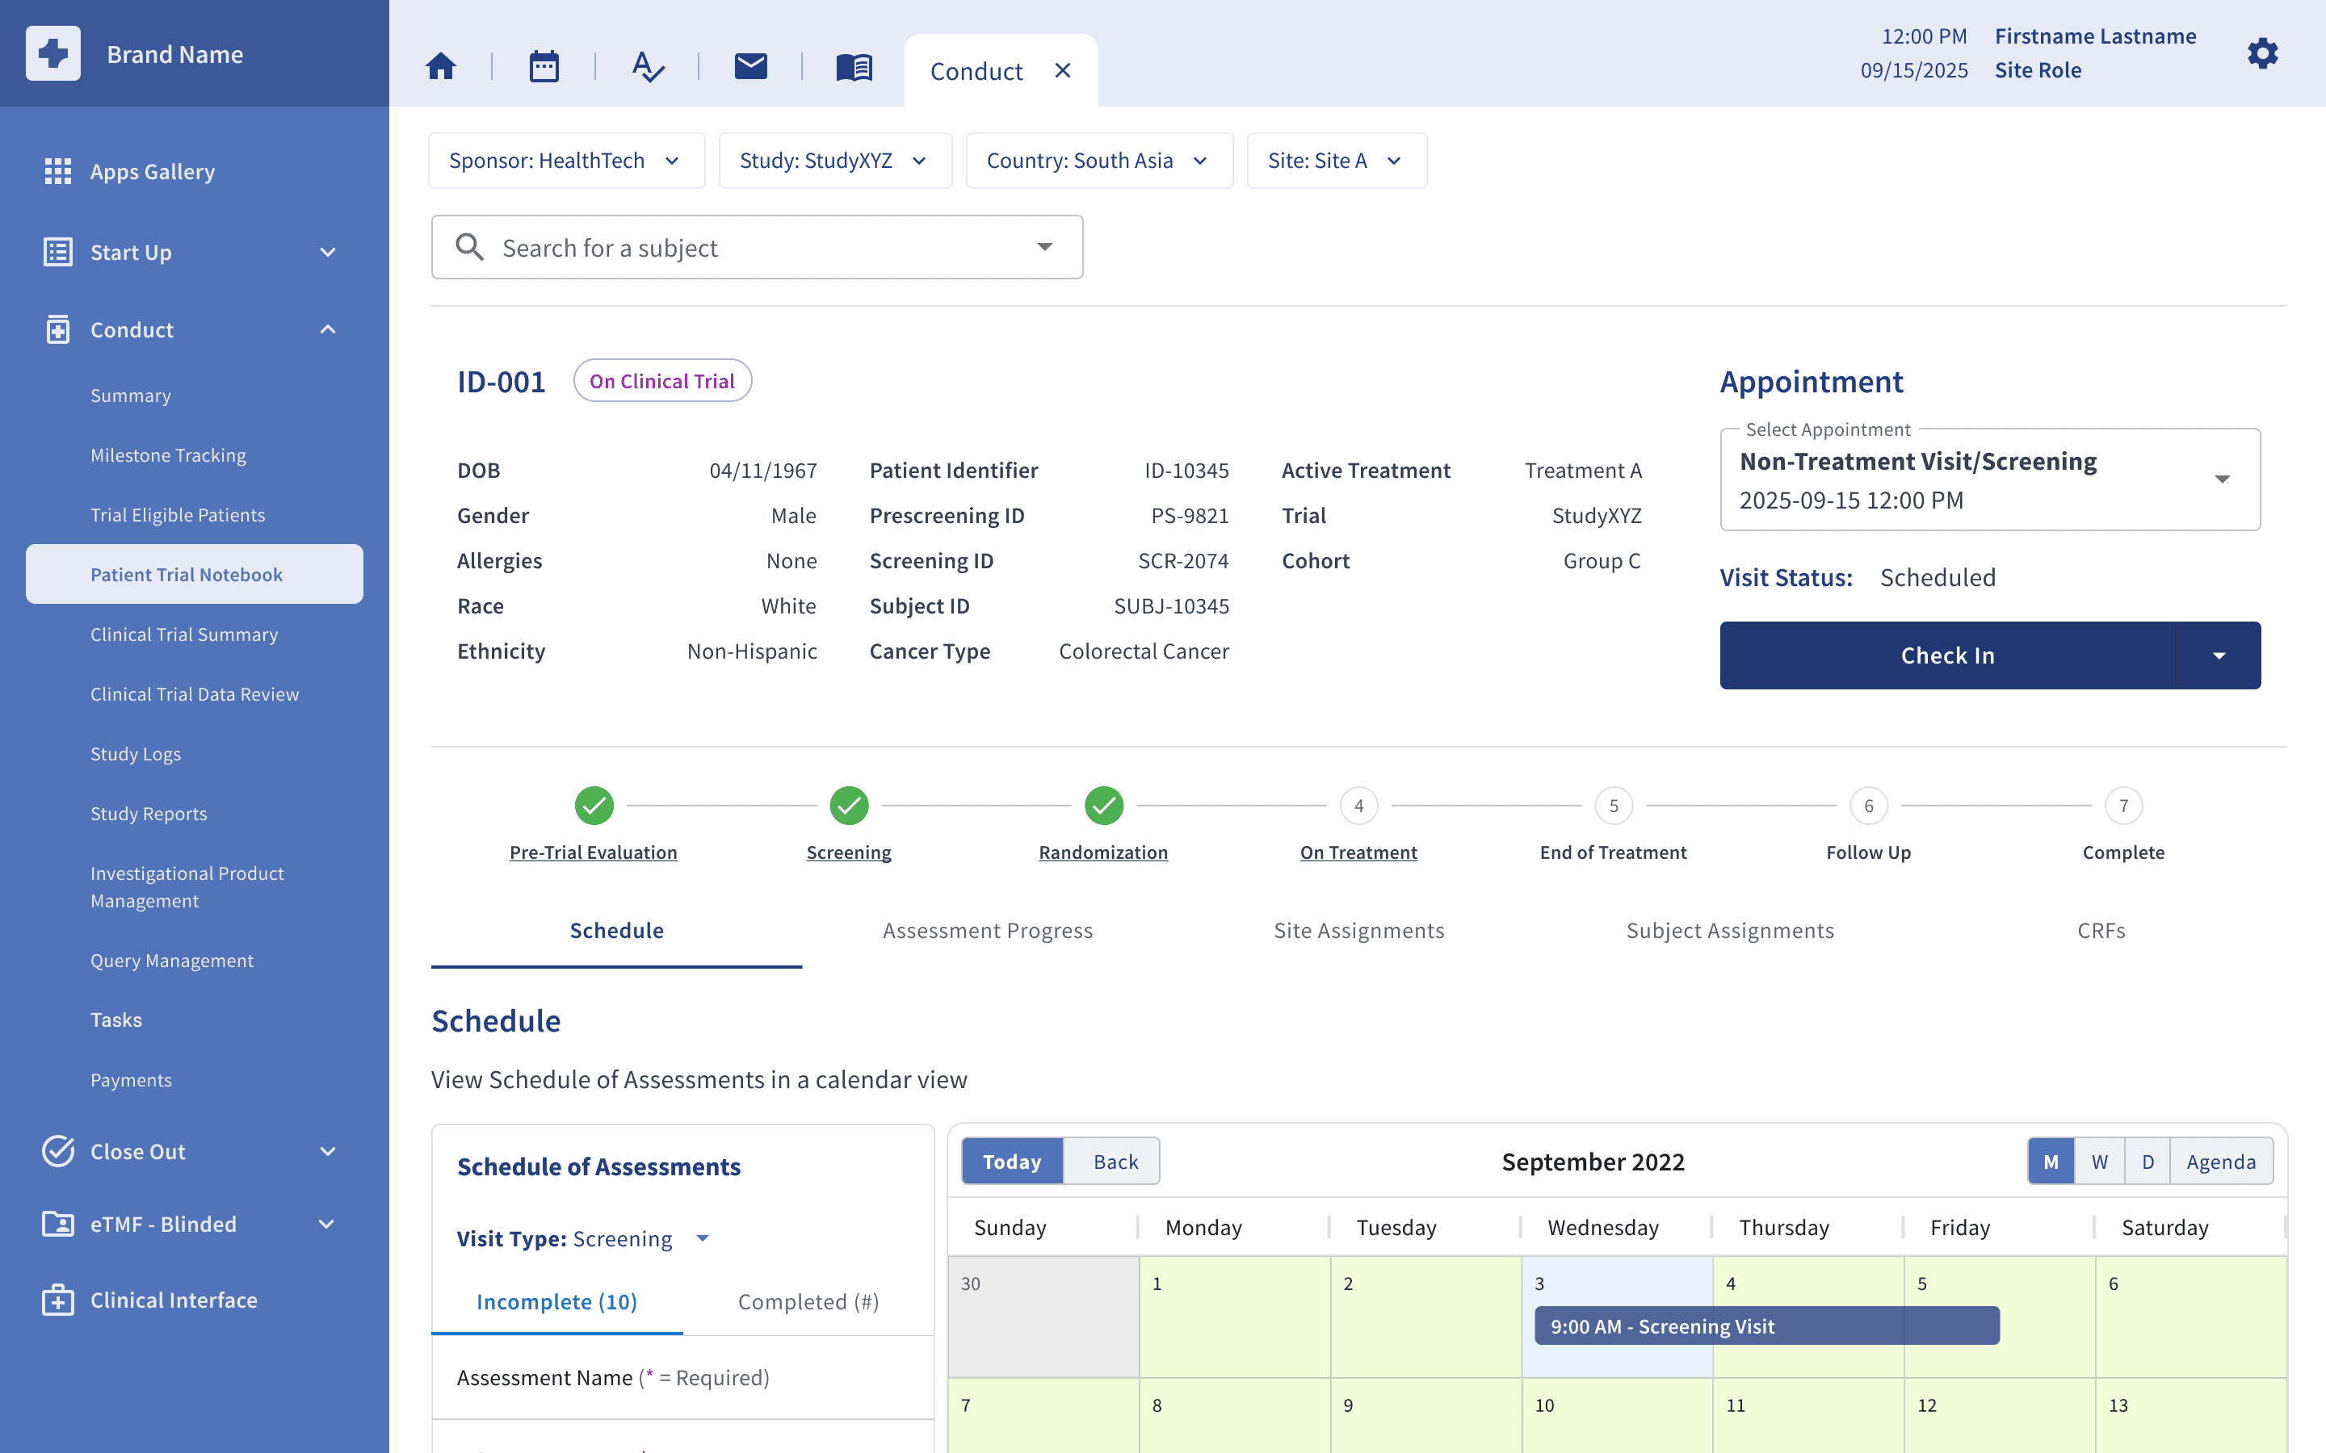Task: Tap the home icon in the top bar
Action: pos(441,66)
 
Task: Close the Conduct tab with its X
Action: pos(1062,70)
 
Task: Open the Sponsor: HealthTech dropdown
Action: pos(566,161)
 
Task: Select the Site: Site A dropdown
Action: pos(1336,161)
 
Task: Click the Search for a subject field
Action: pos(757,248)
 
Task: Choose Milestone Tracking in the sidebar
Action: pos(168,455)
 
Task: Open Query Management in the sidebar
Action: pos(172,961)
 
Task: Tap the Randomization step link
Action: pos(1103,852)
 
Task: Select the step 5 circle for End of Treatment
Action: pos(1614,806)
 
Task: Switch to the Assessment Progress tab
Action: pos(987,930)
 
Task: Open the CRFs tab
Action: pos(2101,930)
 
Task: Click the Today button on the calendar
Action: pos(1012,1161)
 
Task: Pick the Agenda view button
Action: pos(2220,1161)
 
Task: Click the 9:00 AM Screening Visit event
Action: pos(1766,1326)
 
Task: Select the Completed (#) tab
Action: pos(808,1302)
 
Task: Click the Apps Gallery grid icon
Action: pos(57,171)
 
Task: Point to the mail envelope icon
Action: pos(750,65)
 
